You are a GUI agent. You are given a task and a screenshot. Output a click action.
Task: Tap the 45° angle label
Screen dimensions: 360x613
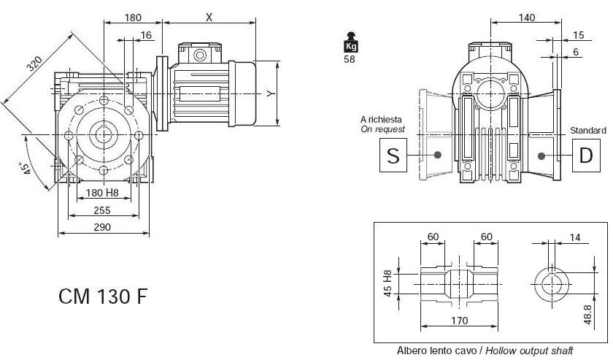point(27,167)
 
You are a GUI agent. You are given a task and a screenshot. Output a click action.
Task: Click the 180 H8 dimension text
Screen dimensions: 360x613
point(102,193)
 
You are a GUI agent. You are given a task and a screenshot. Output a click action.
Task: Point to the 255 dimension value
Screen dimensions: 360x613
point(101,210)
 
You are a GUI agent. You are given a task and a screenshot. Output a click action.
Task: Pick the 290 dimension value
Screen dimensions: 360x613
point(101,227)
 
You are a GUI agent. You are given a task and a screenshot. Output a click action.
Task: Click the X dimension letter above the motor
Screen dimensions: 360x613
point(209,18)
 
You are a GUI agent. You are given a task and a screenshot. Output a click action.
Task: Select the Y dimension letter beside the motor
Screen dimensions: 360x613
point(269,94)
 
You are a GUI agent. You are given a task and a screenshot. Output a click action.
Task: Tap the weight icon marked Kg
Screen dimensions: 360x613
point(350,43)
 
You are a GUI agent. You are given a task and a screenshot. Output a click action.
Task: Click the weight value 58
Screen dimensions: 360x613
point(350,59)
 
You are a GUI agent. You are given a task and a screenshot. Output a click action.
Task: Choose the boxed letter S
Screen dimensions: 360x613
point(393,156)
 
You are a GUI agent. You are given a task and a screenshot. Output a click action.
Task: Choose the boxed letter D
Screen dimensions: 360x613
point(585,156)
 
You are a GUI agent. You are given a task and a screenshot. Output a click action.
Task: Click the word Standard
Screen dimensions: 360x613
point(587,131)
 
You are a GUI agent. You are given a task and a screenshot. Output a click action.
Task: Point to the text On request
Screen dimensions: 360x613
point(382,129)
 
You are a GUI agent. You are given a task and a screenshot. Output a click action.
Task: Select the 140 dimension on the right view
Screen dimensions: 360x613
point(527,18)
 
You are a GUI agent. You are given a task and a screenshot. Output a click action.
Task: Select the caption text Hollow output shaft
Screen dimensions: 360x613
point(532,351)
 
